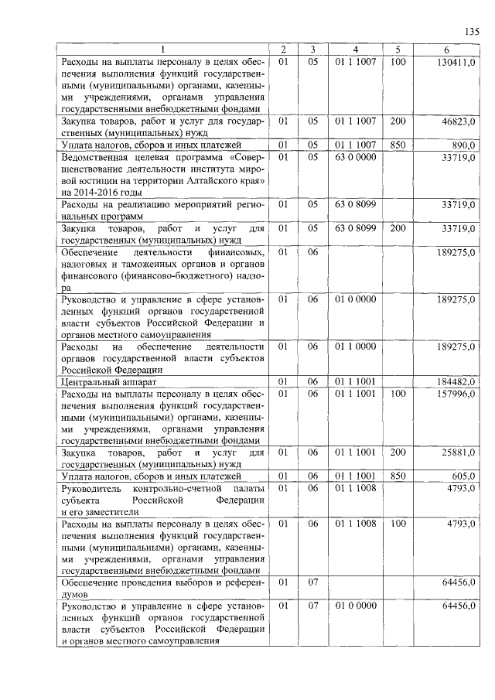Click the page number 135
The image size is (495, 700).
(x=472, y=32)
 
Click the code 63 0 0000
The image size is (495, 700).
(x=356, y=156)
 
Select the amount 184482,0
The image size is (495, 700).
(x=457, y=382)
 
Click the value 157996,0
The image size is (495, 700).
(x=457, y=394)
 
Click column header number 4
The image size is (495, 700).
(x=356, y=50)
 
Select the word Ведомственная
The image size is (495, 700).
(x=97, y=157)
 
